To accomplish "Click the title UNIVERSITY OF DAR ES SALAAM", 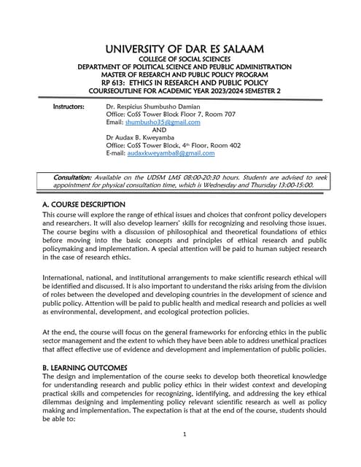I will (x=179, y=48).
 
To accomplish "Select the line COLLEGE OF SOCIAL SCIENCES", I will (x=179, y=58).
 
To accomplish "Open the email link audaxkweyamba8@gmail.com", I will (x=171, y=153).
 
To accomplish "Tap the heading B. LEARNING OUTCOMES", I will (x=85, y=367).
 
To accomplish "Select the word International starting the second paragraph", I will (x=64, y=277).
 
